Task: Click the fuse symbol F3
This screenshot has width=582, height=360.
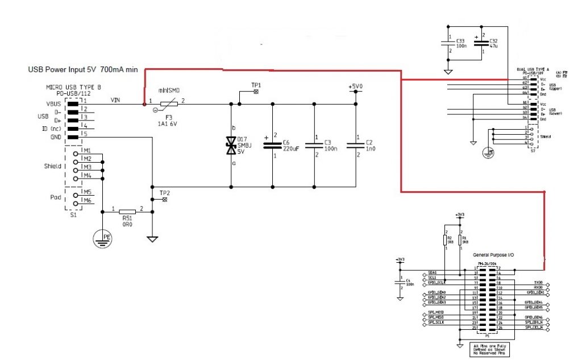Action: [x=168, y=104]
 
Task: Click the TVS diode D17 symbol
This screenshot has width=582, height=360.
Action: [x=231, y=146]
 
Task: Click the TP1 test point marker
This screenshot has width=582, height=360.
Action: [x=256, y=91]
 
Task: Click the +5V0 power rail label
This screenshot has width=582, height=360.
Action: [x=355, y=87]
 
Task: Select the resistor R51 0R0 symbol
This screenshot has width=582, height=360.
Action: [x=127, y=212]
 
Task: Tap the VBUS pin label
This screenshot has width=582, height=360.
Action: [x=54, y=105]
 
